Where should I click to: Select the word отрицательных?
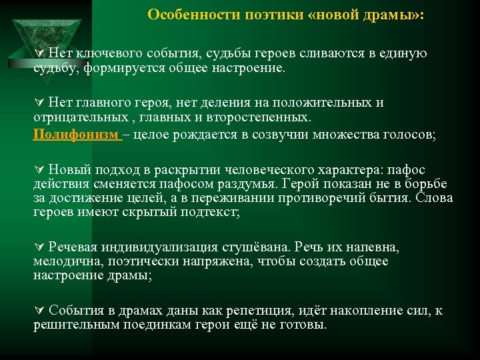coord(74,119)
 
